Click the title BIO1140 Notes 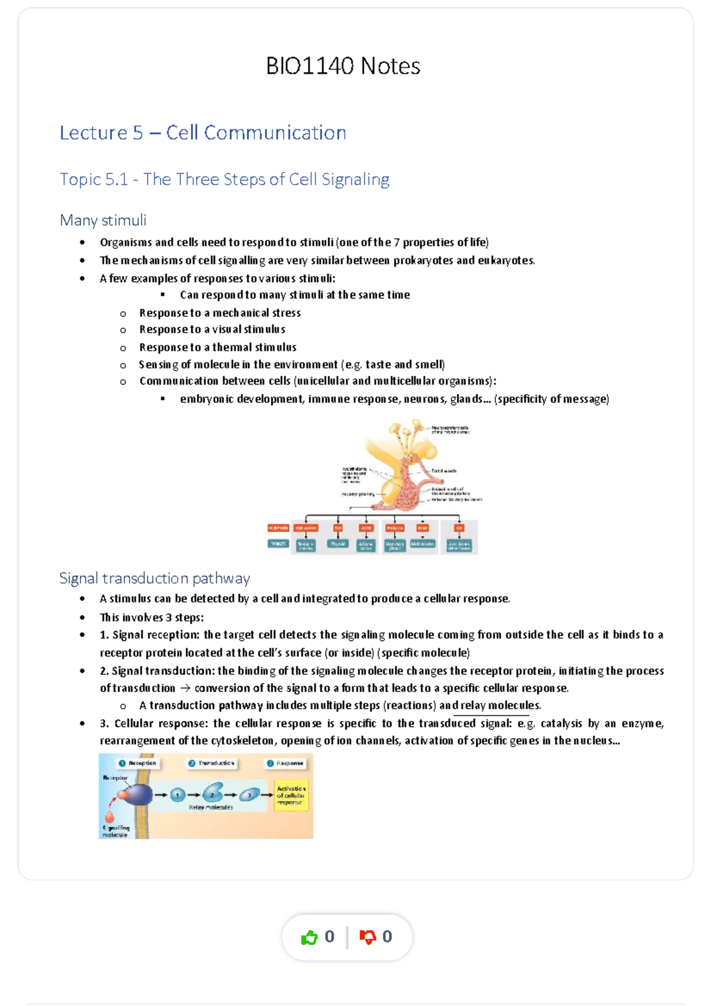point(343,66)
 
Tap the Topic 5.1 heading point(224,179)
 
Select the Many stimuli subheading point(103,220)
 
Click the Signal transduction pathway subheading point(154,578)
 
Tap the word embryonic point(206,399)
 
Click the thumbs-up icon point(309,937)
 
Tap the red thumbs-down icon point(367,937)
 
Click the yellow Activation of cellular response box point(291,795)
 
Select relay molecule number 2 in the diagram point(213,793)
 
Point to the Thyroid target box point(338,544)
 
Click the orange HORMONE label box point(278,527)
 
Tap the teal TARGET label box point(278,543)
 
